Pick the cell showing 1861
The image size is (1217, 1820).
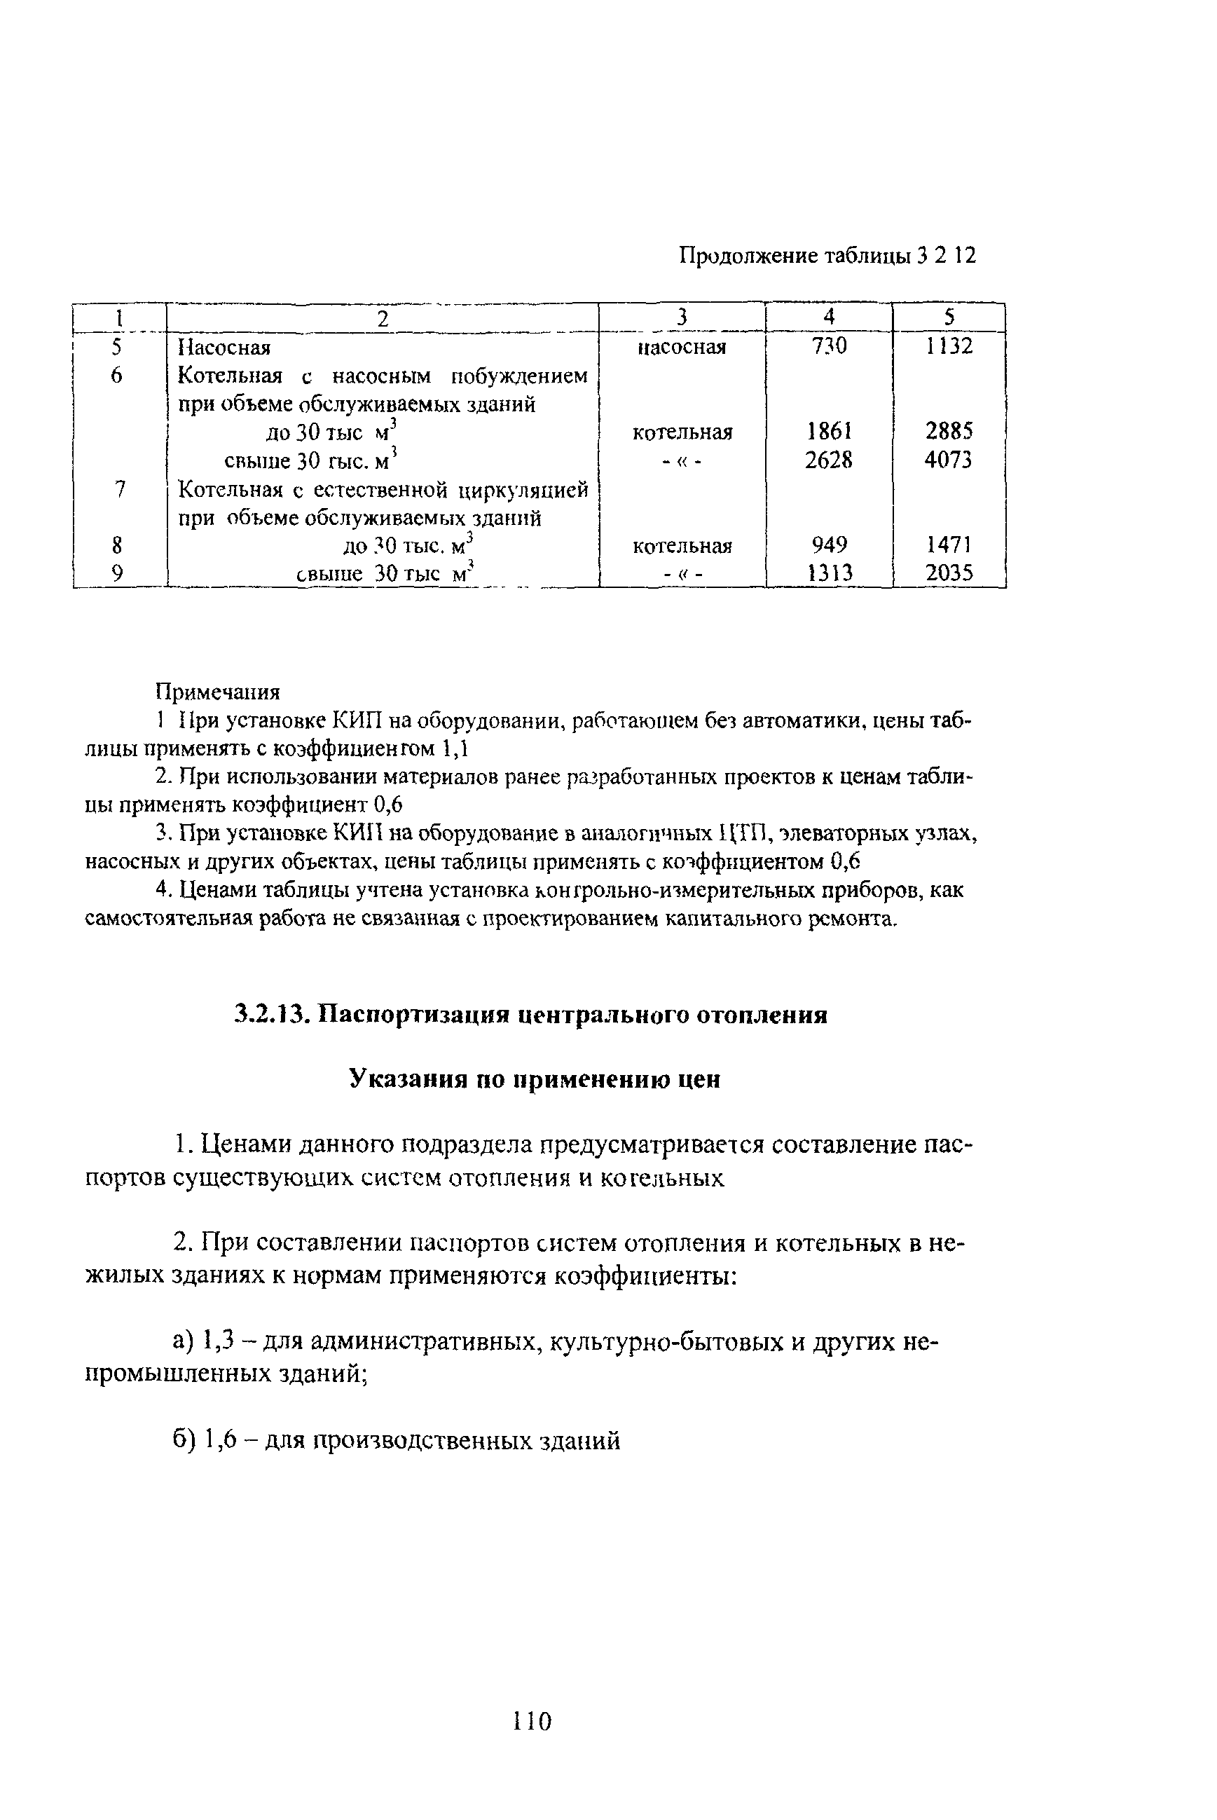click(828, 432)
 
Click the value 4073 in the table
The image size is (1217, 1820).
click(949, 460)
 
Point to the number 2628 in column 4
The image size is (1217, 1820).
click(828, 460)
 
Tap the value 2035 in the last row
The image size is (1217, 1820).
click(949, 573)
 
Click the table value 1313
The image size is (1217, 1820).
click(828, 573)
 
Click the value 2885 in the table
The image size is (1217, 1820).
click(949, 432)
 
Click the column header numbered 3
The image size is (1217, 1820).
click(682, 317)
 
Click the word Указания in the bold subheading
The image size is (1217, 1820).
click(401, 1079)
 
